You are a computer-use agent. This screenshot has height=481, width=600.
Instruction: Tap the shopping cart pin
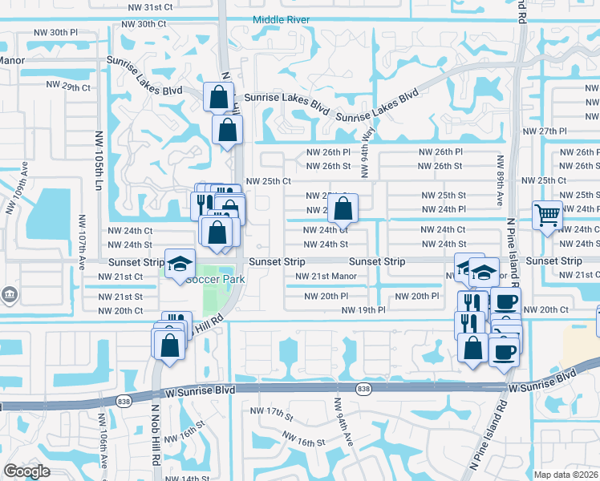pyautogui.click(x=547, y=214)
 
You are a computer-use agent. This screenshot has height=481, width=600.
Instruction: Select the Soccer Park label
pyautogui.click(x=214, y=280)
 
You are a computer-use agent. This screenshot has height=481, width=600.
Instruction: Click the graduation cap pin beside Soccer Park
pyautogui.click(x=180, y=263)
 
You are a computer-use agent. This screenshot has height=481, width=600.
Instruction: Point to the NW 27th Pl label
pyautogui.click(x=544, y=131)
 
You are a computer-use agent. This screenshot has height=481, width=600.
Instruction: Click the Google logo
pyautogui.click(x=26, y=471)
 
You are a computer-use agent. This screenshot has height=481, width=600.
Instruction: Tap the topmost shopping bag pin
pyautogui.click(x=218, y=97)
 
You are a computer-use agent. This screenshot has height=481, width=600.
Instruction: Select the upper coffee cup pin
pyautogui.click(x=505, y=302)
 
